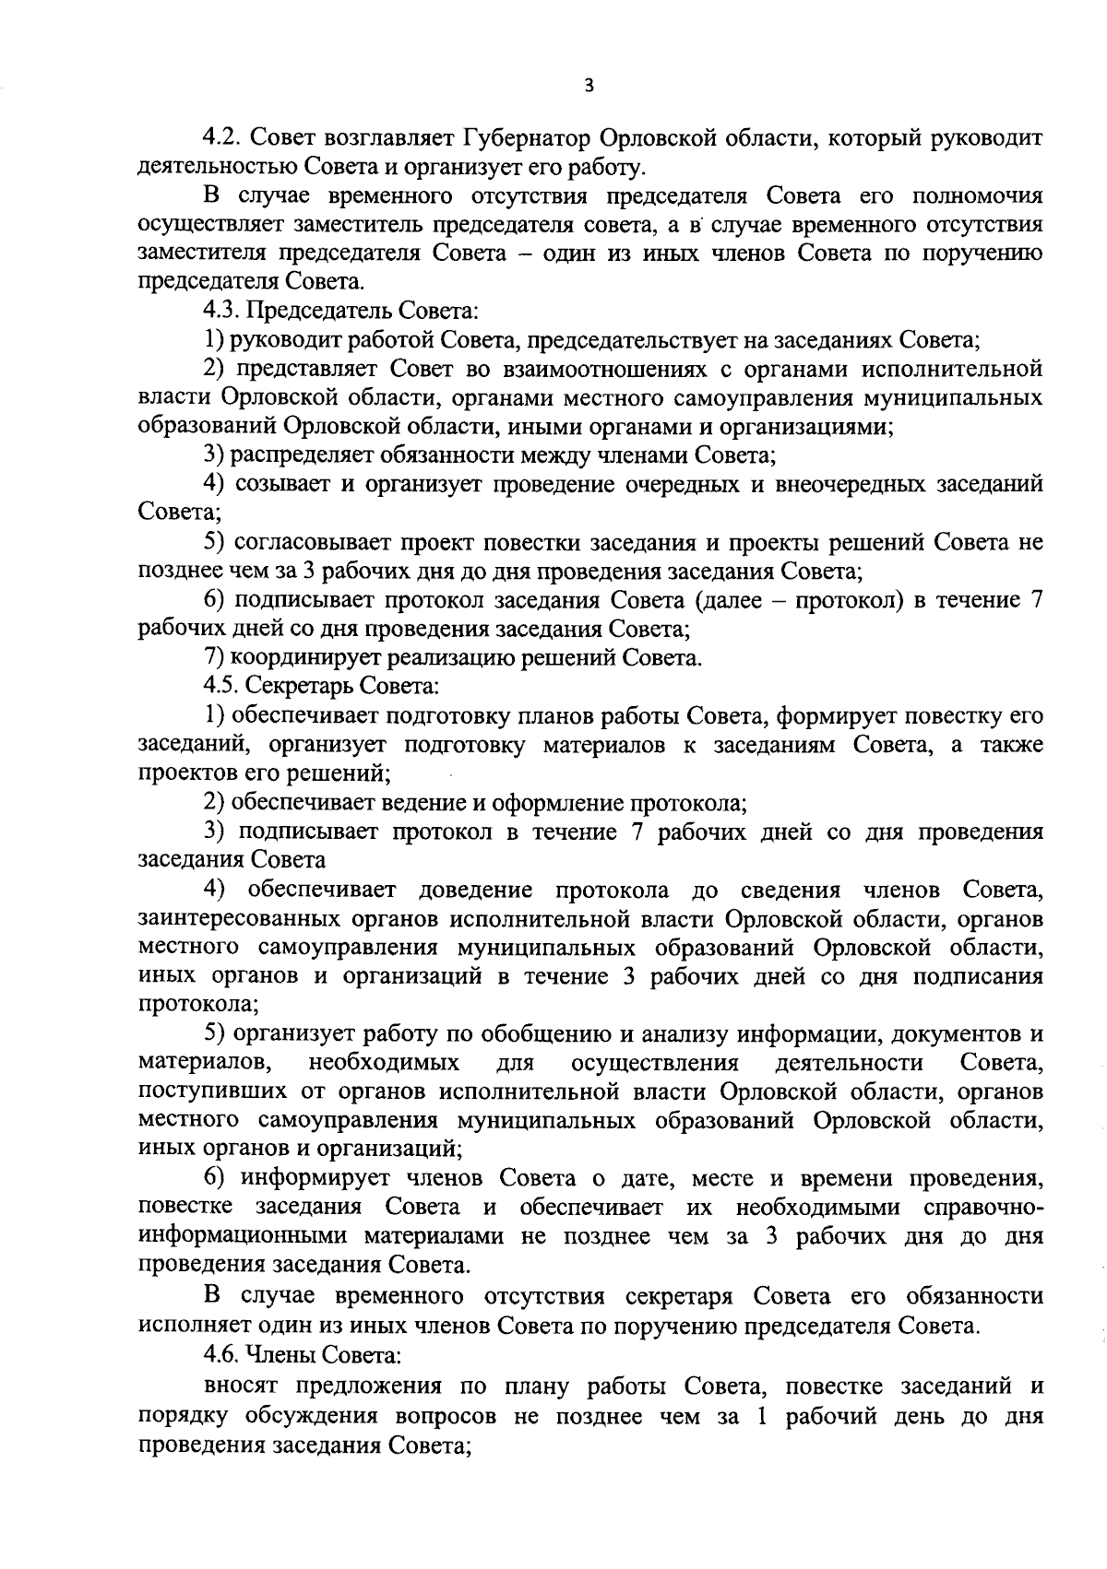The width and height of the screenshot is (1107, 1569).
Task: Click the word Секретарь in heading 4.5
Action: (x=300, y=687)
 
